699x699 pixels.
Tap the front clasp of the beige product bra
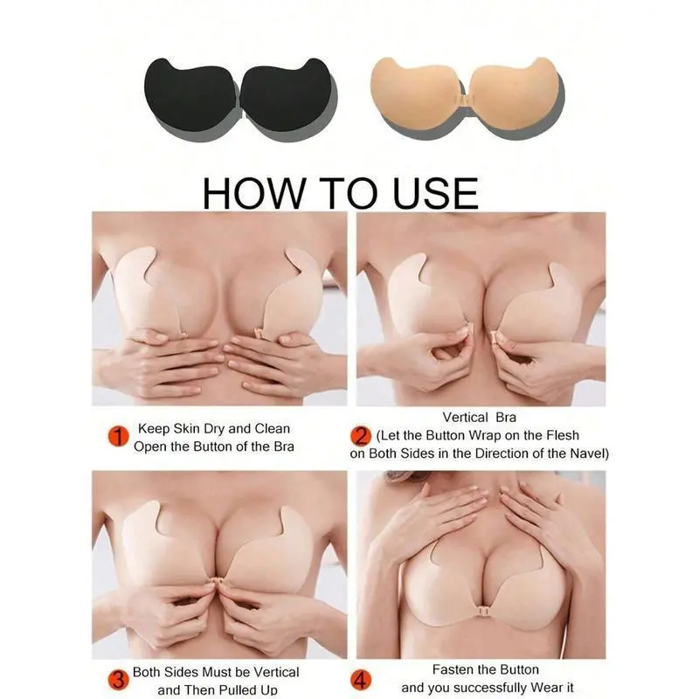pyautogui.click(x=464, y=99)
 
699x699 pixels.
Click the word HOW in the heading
pyautogui.click(x=253, y=193)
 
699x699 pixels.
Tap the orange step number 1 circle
pyautogui.click(x=118, y=436)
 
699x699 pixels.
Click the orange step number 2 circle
pyautogui.click(x=361, y=436)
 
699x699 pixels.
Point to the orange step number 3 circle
pyautogui.click(x=118, y=681)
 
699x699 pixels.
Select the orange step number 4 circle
pyautogui.click(x=361, y=681)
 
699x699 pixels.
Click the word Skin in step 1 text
pyautogui.click(x=187, y=428)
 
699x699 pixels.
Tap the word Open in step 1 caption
pyautogui.click(x=150, y=446)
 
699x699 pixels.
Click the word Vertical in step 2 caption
pyautogui.click(x=466, y=418)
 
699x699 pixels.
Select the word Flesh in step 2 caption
pyautogui.click(x=563, y=435)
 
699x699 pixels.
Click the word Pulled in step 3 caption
pyautogui.click(x=238, y=689)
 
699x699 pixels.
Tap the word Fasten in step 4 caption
pyautogui.click(x=453, y=669)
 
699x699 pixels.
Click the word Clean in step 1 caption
pyautogui.click(x=272, y=428)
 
